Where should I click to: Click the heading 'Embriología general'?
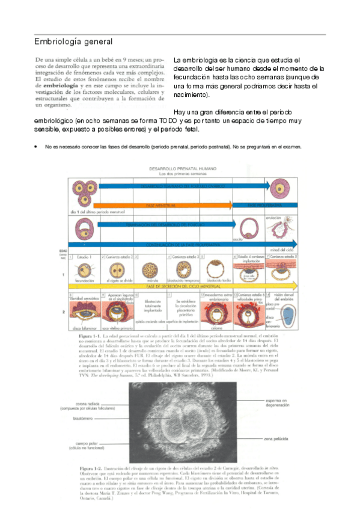(x=73, y=41)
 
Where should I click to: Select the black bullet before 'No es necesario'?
(x=37, y=147)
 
